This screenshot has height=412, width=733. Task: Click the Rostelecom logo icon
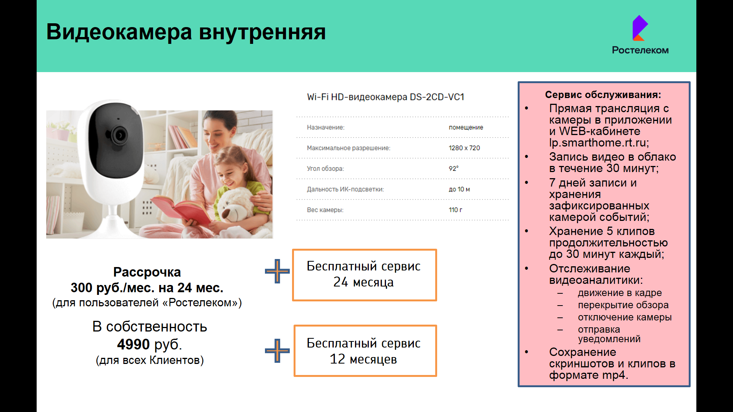640,28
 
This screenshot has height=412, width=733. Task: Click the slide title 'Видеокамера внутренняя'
186,32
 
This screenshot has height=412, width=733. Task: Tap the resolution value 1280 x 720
464,148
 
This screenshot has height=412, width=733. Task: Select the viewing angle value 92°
454,169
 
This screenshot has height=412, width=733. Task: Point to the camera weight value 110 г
455,210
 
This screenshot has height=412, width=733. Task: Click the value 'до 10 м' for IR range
459,189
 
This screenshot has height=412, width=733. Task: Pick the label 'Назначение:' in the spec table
326,127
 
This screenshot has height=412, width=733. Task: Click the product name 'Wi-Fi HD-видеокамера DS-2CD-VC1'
386,97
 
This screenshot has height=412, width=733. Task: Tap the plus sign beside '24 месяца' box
277,271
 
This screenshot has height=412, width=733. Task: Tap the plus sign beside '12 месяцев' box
277,351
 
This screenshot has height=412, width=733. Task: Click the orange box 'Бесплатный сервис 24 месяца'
364,275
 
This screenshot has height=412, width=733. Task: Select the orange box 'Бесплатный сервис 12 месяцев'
365,351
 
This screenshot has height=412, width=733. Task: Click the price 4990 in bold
133,344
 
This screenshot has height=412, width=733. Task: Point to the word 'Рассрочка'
147,272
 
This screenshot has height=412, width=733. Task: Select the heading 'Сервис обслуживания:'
603,95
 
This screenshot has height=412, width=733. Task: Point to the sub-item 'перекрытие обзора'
623,305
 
